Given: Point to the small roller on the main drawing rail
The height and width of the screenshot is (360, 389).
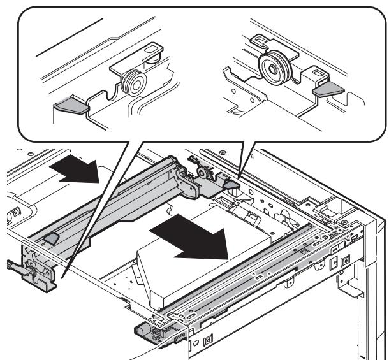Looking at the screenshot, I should [x=202, y=172].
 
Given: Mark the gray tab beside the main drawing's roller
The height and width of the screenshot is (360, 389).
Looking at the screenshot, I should [x=230, y=184].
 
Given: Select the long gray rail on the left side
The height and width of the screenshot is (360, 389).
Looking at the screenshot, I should [x=108, y=198].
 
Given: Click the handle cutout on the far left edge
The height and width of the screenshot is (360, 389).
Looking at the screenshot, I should [x=11, y=210].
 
